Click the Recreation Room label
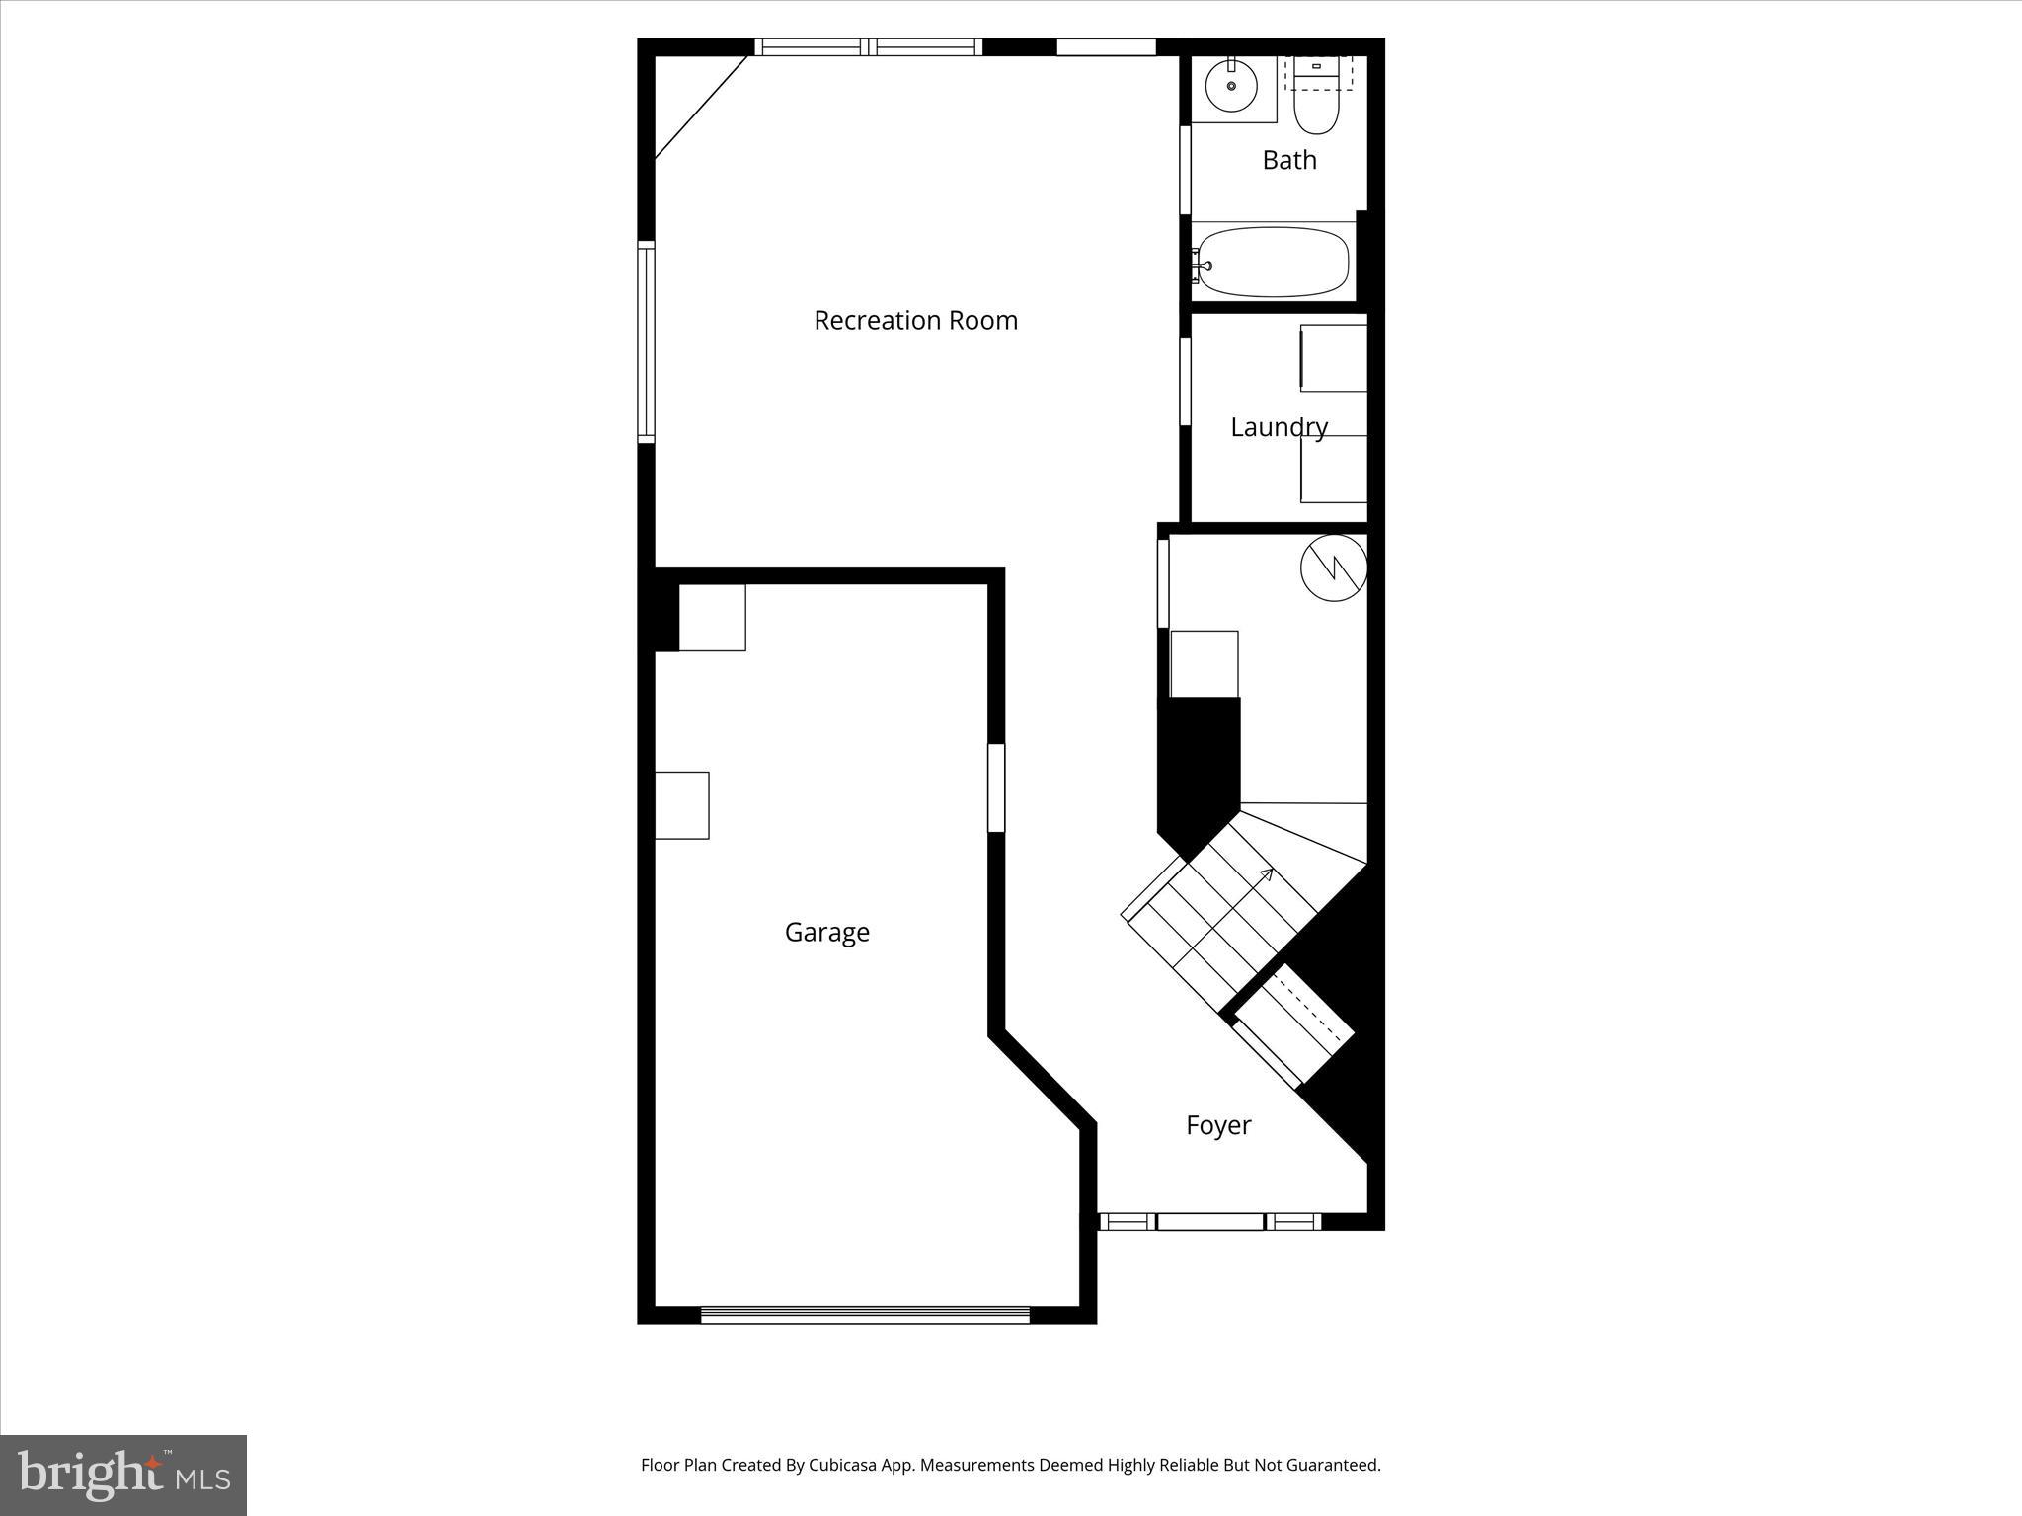(915, 320)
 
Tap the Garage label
(827, 932)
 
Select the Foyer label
(1218, 1125)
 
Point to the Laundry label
(1279, 427)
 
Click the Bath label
(1289, 160)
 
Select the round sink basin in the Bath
(1232, 87)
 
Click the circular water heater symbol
(1333, 568)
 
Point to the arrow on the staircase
(1265, 873)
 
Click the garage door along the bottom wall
(865, 1314)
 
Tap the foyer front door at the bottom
(1209, 1222)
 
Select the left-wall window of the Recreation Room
(646, 341)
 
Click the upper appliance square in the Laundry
(1333, 358)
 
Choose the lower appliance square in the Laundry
(1333, 469)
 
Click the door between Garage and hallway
(996, 788)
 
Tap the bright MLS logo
(123, 1475)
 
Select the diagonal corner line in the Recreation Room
(702, 107)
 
